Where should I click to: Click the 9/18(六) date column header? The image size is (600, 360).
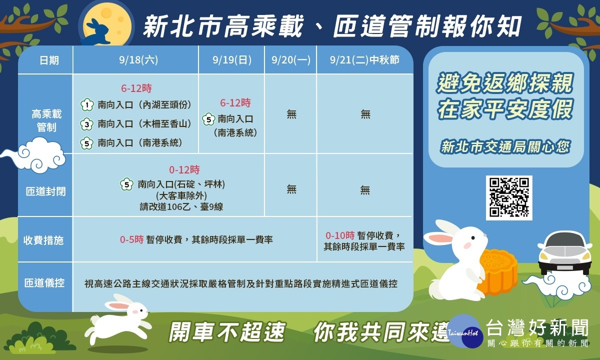138,60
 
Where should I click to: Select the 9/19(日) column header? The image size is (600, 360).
232,60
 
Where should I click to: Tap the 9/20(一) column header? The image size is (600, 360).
291,60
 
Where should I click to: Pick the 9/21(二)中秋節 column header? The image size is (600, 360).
364,60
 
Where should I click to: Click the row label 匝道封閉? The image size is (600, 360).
45,191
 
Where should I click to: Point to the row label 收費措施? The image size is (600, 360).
43,240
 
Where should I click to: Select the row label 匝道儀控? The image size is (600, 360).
44,283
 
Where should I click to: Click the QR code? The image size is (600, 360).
509,197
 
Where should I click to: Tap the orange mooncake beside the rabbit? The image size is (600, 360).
497,270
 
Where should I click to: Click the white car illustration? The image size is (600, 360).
564,252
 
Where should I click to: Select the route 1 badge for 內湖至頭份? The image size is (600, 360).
87,104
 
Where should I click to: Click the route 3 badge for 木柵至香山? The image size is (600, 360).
87,124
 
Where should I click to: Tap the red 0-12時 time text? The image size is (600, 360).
184,170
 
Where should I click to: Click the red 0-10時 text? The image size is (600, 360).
340,235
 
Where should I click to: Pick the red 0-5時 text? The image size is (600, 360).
131,239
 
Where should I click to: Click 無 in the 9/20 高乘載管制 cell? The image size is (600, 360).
291,114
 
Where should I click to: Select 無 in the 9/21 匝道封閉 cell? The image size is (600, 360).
365,189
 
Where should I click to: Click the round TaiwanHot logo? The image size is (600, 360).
464,331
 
